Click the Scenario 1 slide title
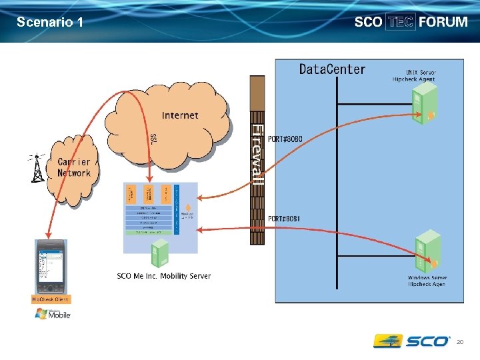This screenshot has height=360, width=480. pos(51,22)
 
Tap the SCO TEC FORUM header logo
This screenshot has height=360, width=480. pos(411,21)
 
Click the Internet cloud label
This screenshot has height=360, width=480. pos(180,115)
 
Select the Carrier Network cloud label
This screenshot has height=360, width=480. pos(74,167)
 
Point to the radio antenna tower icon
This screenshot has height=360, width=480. pos(37,168)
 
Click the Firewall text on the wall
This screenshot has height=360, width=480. pos(259,155)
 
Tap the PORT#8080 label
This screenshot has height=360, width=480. pos(285,139)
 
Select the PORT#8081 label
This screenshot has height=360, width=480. pos(285,219)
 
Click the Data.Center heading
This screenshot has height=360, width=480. pos(332,69)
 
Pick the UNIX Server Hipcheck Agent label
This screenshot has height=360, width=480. pos(413,75)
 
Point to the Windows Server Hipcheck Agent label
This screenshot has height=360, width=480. pos(427,281)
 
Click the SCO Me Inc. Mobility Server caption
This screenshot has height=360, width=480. pos(164,275)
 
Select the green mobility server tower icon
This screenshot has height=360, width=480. pos(159,253)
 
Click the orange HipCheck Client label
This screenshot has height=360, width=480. pos(51,299)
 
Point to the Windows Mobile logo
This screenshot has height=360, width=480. pos(53,313)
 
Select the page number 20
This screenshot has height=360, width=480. pos(459,342)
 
